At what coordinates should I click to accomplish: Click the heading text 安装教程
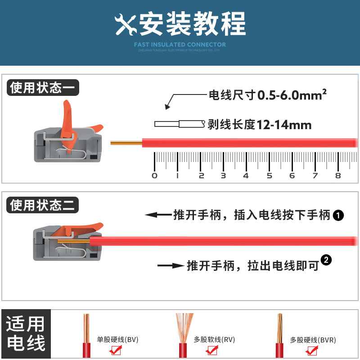tap(193, 23)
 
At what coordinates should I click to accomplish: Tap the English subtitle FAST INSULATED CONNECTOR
tap(180, 45)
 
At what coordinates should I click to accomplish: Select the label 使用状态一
tap(43, 87)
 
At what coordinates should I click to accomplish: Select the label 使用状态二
tap(43, 206)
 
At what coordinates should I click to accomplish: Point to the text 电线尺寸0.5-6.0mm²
tap(267, 95)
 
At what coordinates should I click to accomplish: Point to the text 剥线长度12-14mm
tap(260, 125)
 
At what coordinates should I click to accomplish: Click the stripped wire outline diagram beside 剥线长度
tap(179, 124)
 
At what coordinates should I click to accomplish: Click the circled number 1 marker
tap(338, 216)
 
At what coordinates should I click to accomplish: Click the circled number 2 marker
tap(327, 260)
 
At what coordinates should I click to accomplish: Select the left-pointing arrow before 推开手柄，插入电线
tap(157, 215)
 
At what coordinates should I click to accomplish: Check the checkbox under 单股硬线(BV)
tap(116, 350)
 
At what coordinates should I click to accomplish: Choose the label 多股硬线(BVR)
tap(313, 340)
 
